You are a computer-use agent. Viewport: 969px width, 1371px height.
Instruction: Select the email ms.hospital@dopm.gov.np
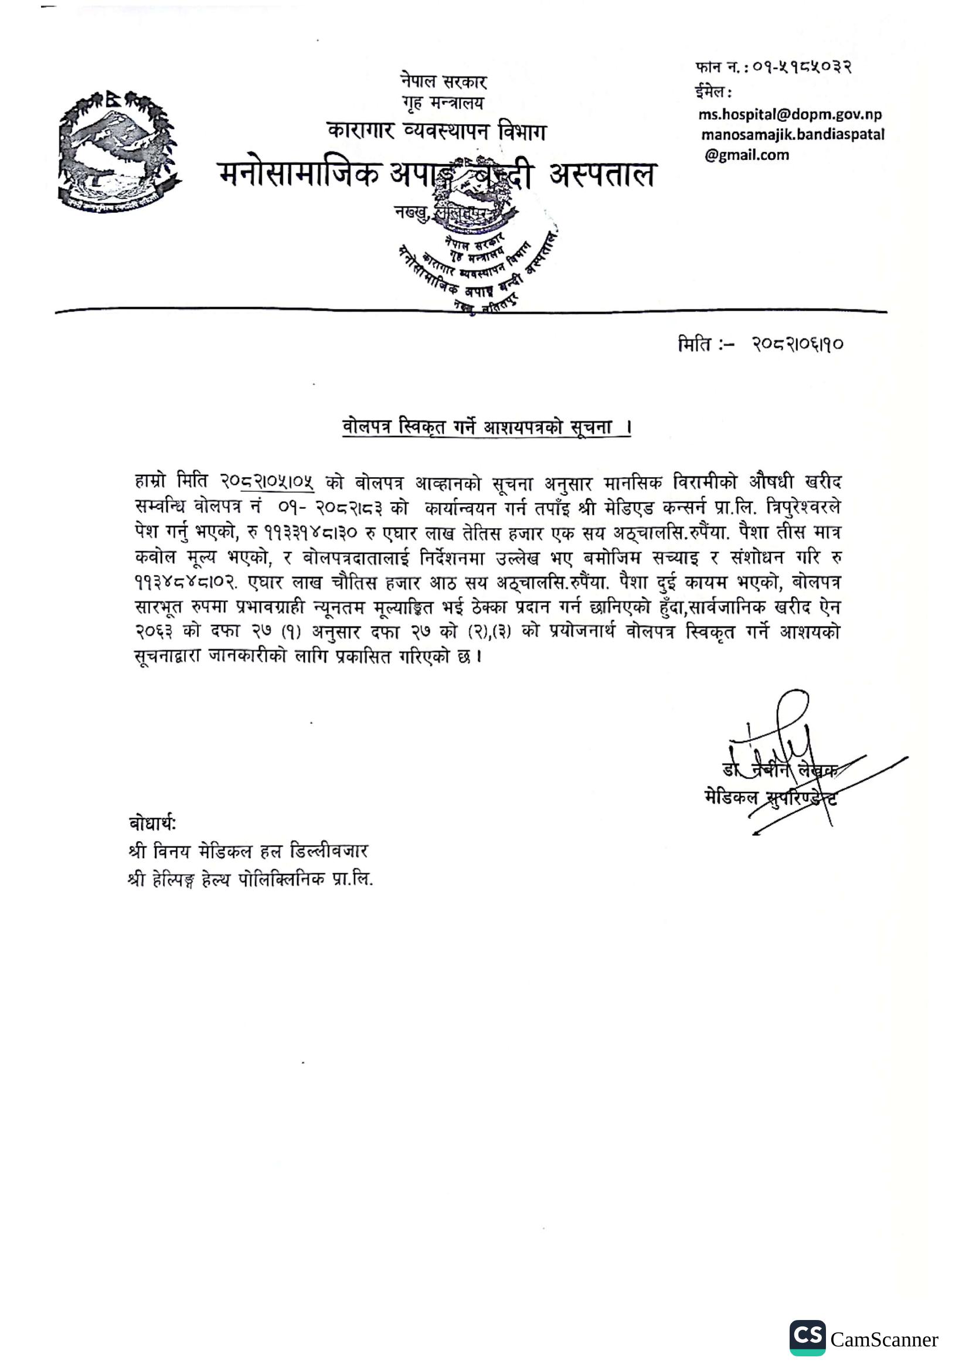pyautogui.click(x=790, y=114)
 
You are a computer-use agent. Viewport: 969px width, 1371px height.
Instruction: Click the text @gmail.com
pyautogui.click(x=746, y=155)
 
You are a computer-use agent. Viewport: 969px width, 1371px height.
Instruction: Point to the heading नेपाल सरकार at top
pyautogui.click(x=444, y=82)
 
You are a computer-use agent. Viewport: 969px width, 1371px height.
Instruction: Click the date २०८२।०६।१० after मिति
pyautogui.click(x=798, y=345)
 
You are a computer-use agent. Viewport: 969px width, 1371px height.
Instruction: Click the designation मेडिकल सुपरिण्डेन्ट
pyautogui.click(x=771, y=797)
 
